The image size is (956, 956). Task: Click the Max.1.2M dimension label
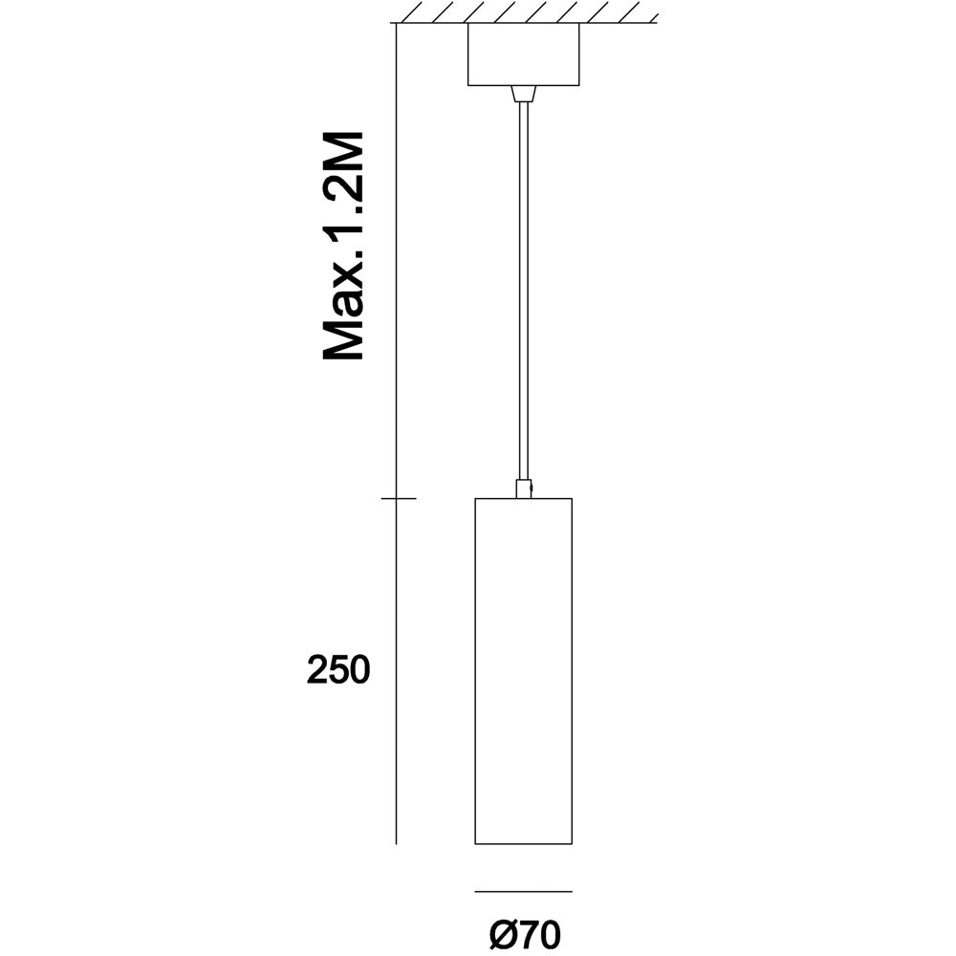coord(344,246)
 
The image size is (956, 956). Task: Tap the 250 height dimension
coord(337,670)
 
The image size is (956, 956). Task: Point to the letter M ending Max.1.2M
coord(344,152)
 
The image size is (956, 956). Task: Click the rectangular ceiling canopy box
coord(523,54)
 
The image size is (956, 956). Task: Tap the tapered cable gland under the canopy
coord(523,94)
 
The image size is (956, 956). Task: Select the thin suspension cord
coord(523,287)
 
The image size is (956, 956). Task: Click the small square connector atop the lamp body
coord(523,489)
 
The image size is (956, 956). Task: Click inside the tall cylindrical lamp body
coord(523,669)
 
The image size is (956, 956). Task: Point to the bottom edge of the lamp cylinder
coord(523,843)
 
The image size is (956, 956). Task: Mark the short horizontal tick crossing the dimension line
coord(398,498)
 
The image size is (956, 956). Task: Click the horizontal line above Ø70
coord(523,891)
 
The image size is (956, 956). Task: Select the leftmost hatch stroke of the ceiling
coord(415,12)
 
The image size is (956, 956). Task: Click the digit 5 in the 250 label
coord(337,670)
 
